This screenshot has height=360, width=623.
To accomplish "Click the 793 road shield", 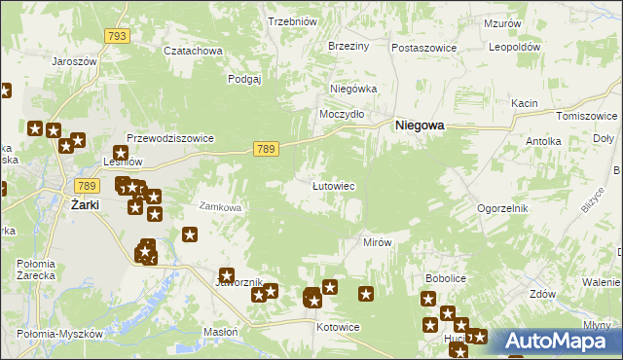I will [117, 36].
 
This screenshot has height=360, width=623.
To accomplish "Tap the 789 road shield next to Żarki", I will [86, 185].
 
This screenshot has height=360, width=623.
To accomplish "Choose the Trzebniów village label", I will [293, 21].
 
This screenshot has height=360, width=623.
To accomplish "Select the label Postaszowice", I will [423, 47].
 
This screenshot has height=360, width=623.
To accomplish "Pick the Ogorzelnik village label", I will [502, 208].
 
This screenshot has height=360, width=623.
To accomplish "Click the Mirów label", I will [377, 241].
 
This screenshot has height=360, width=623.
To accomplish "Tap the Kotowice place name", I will [338, 327].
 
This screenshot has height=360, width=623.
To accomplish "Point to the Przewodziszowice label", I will [170, 138].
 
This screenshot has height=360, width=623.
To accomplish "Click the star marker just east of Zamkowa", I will [190, 234].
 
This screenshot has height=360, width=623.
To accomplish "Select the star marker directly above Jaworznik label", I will [227, 276].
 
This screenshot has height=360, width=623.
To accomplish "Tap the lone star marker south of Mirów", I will [366, 294].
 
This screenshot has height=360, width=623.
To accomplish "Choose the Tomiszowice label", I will [587, 116].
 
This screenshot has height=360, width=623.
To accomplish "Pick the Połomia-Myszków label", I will [59, 334].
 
